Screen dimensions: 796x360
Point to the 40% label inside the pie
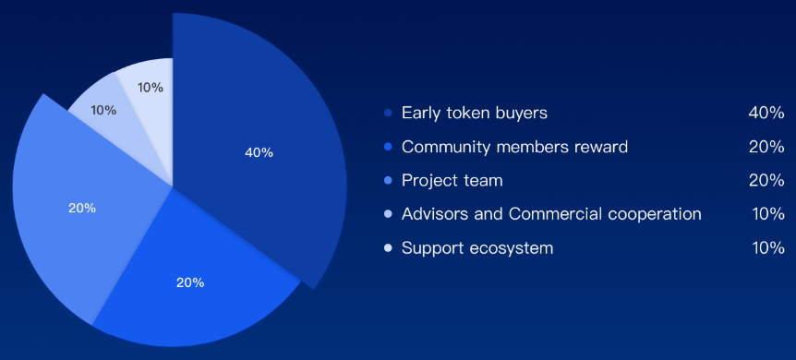[x=259, y=152]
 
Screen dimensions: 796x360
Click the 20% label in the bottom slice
[x=190, y=282]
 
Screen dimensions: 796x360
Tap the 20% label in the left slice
[x=82, y=209]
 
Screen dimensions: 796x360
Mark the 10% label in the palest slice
[x=151, y=88]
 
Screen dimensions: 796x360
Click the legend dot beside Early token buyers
[x=389, y=113]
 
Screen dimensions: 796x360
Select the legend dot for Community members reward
[x=389, y=147]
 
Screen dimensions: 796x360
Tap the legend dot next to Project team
[x=389, y=180]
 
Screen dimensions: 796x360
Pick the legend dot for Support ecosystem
[x=389, y=248]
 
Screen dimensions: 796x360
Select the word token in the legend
[x=466, y=113]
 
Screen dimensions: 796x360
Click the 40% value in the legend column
[x=766, y=113]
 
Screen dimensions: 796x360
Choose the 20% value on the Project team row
[x=766, y=180]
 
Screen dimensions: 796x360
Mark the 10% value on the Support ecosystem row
[x=768, y=248]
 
